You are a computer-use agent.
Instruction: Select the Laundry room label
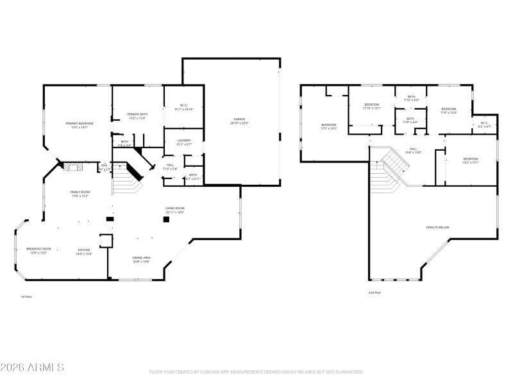(x=184, y=142)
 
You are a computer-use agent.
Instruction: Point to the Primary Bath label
(x=137, y=116)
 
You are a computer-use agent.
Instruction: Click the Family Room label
(x=80, y=194)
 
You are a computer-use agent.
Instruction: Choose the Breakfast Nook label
(x=38, y=250)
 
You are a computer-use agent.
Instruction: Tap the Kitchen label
(x=85, y=252)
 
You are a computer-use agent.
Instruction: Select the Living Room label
(x=175, y=210)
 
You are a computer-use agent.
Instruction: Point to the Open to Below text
(x=437, y=227)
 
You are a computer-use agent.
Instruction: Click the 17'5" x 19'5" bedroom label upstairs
(x=328, y=126)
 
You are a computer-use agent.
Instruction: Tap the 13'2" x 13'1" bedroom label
(x=471, y=160)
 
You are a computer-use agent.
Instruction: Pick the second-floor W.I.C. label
(x=484, y=124)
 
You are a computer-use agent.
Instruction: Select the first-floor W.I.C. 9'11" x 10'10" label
(x=183, y=108)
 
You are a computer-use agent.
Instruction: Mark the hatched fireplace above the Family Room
(x=71, y=167)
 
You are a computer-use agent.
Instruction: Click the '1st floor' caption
(x=26, y=297)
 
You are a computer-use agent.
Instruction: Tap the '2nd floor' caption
(x=374, y=293)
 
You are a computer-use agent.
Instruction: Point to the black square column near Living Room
(x=165, y=219)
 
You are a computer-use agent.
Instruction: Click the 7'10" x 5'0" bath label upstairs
(x=411, y=98)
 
